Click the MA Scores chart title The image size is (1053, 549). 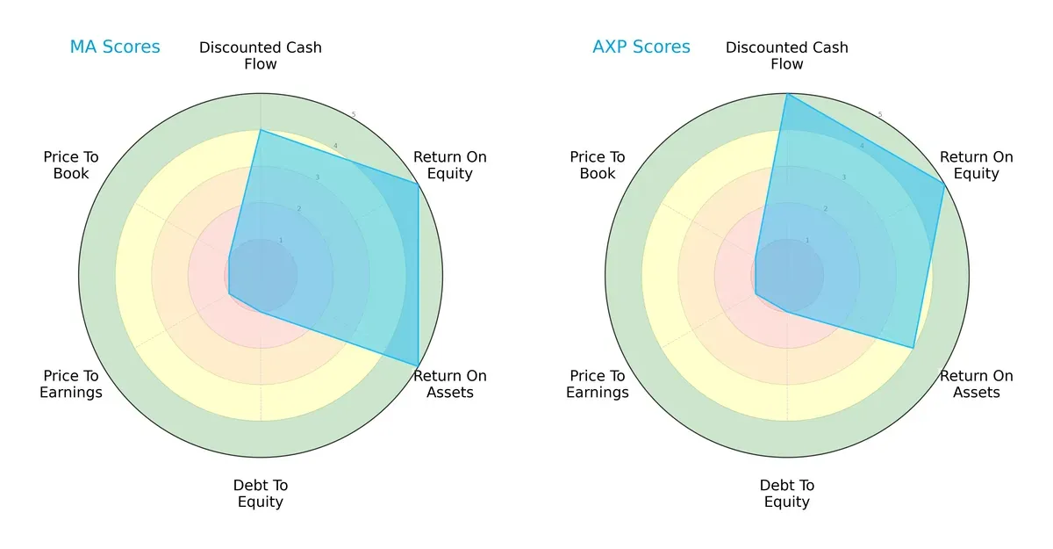(x=115, y=47)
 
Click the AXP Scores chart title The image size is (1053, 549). (x=641, y=47)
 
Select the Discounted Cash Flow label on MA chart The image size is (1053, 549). (x=261, y=55)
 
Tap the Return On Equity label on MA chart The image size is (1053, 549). (x=450, y=165)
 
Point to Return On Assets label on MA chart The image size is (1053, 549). (x=450, y=384)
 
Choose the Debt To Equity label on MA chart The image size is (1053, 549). (x=261, y=494)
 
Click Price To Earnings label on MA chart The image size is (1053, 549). (x=71, y=384)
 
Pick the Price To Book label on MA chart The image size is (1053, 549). (x=71, y=165)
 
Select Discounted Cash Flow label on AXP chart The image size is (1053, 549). (x=787, y=55)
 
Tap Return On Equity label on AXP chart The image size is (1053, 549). (x=977, y=165)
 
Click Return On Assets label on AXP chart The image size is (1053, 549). (x=977, y=384)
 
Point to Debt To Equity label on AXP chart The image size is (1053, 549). (x=787, y=494)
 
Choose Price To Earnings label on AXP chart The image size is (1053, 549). (x=598, y=384)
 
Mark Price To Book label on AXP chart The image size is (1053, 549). (x=598, y=165)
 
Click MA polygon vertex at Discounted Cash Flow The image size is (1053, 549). (x=261, y=130)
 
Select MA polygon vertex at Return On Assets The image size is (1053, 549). (x=418, y=365)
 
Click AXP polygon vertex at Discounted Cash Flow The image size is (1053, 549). (x=787, y=94)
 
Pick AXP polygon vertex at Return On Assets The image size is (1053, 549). (x=913, y=348)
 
